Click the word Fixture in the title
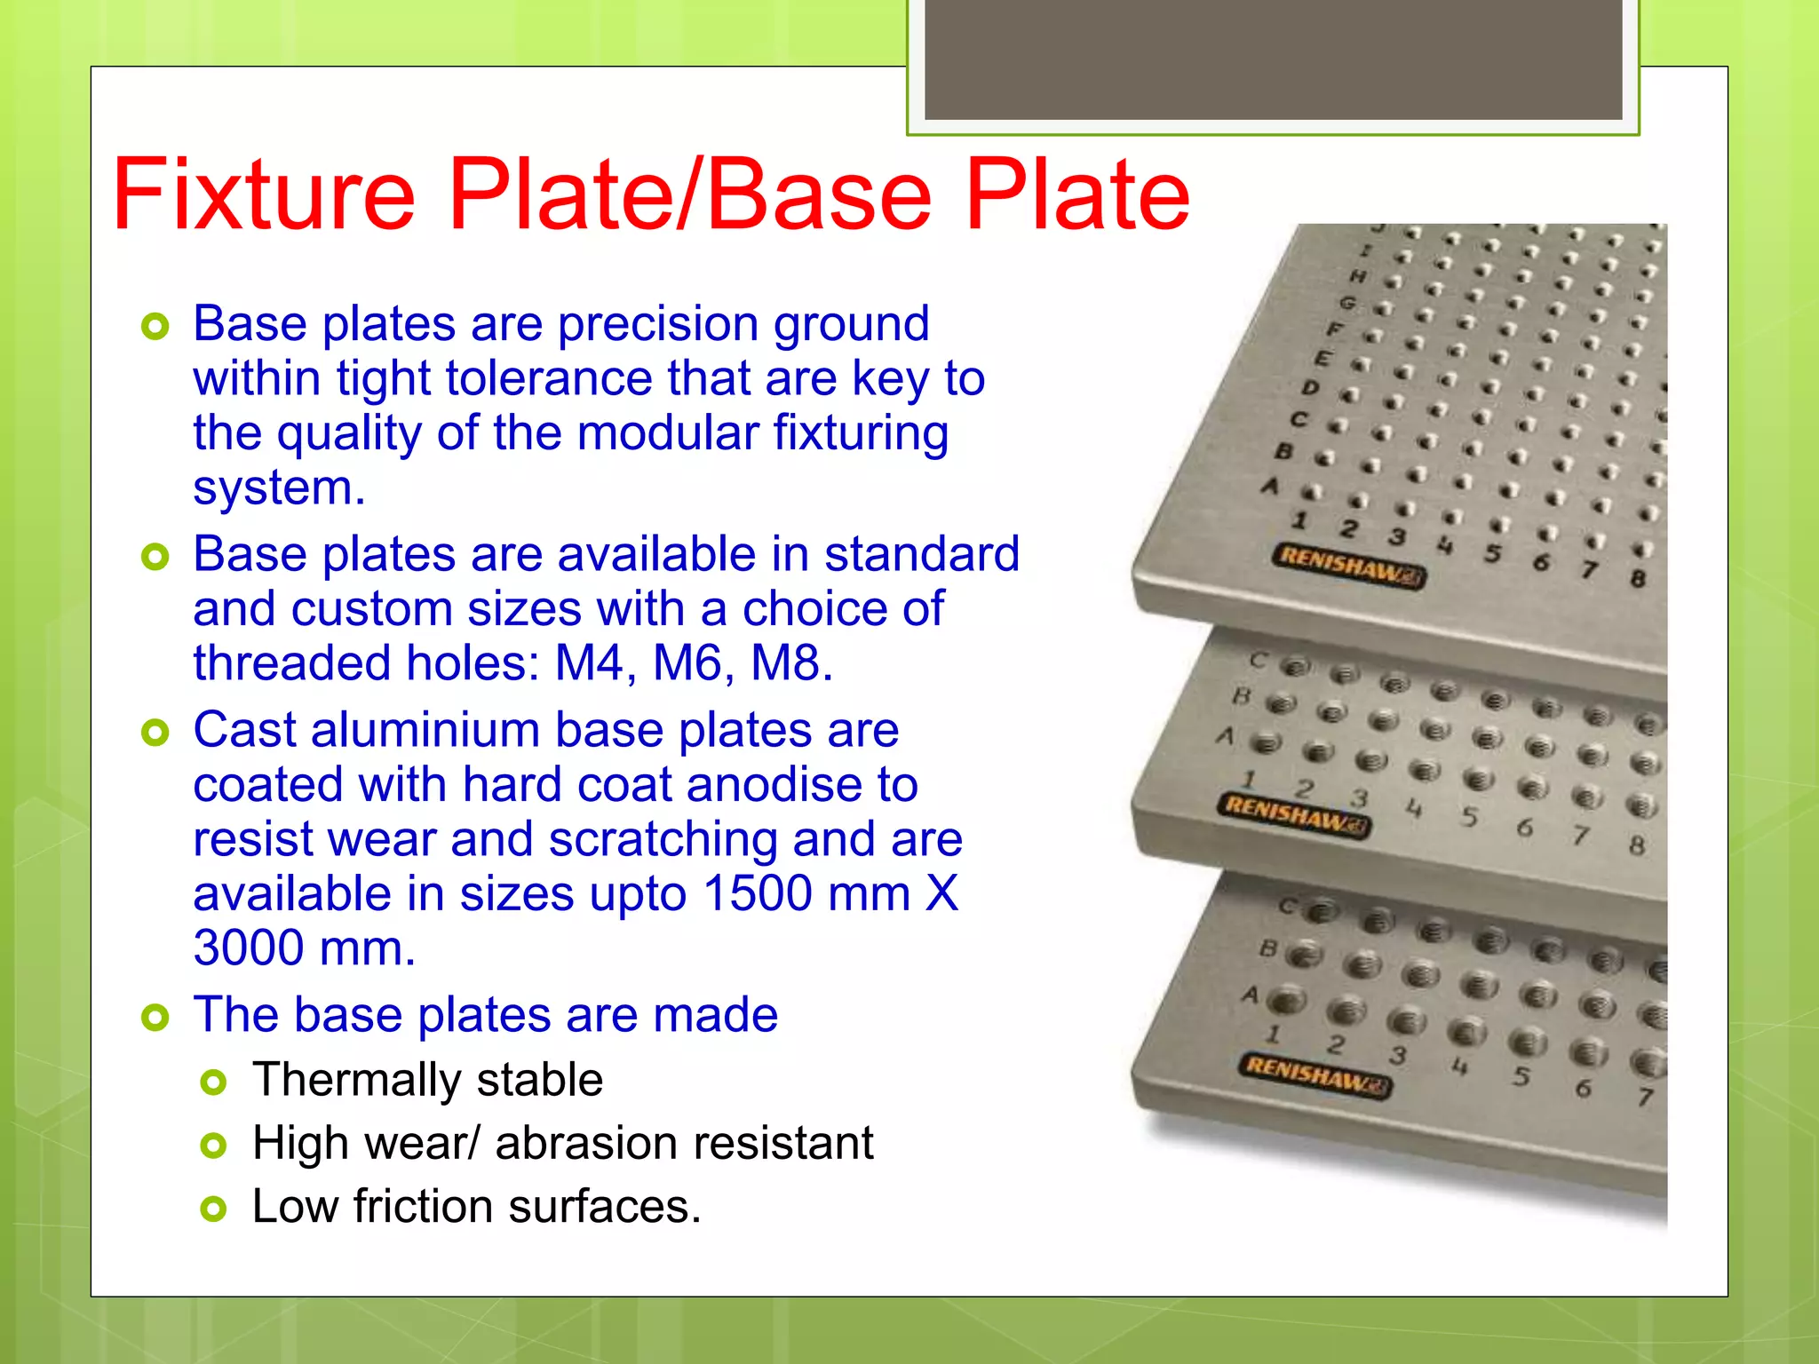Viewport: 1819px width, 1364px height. tap(264, 194)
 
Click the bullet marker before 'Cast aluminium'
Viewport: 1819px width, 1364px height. tap(155, 734)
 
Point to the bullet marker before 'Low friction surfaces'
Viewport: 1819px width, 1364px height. tap(213, 1209)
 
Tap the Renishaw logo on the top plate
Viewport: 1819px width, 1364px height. tap(1348, 567)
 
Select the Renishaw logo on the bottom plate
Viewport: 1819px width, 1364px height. tap(1314, 1075)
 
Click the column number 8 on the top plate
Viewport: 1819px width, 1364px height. tap(1638, 579)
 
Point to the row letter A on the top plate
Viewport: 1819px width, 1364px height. tap(1271, 487)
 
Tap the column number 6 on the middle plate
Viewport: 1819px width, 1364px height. tap(1524, 829)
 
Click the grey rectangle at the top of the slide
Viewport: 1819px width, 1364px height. tap(1273, 59)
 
